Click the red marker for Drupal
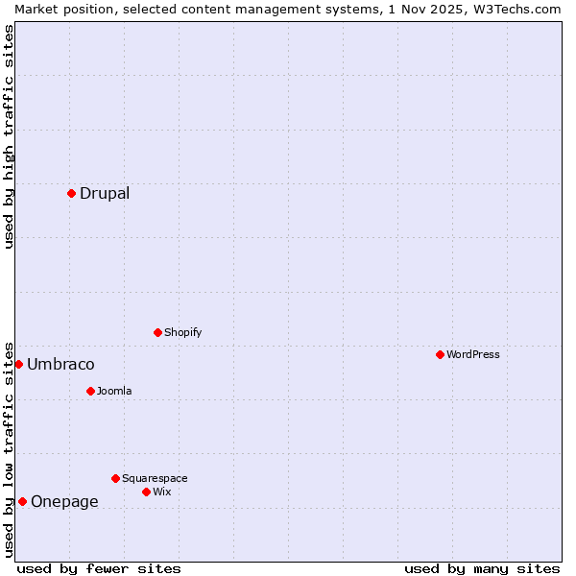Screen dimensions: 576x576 coord(71,193)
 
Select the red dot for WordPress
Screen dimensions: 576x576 coord(440,354)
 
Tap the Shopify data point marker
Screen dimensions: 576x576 coord(157,332)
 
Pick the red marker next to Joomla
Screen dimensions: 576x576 coord(90,391)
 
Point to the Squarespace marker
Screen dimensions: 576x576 coord(115,478)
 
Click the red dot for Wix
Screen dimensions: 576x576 coord(146,492)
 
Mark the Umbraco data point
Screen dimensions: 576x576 coord(18,364)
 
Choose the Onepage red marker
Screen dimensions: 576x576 coord(22,501)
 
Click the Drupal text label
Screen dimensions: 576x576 coord(105,193)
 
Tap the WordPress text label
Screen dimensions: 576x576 coord(473,354)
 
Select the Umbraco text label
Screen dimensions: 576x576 coord(60,364)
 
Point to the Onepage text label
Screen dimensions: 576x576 coord(64,501)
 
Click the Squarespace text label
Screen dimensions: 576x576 coord(155,478)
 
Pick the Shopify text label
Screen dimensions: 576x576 coord(182,332)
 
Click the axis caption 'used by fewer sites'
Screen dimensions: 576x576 coord(99,568)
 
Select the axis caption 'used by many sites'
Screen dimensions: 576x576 coord(482,568)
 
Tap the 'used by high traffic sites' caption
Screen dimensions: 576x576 coord(9,135)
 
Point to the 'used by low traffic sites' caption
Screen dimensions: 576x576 coord(9,448)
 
